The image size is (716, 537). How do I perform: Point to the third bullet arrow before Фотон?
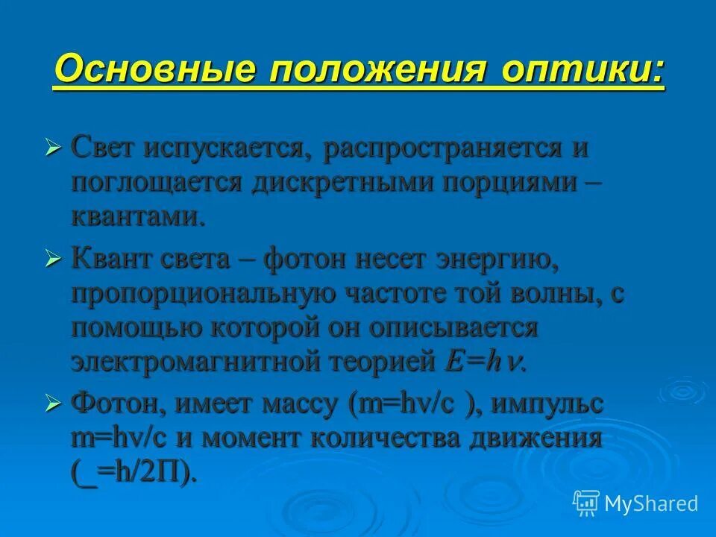52,404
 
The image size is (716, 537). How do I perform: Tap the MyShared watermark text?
652,503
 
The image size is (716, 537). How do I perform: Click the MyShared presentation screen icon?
586,503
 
